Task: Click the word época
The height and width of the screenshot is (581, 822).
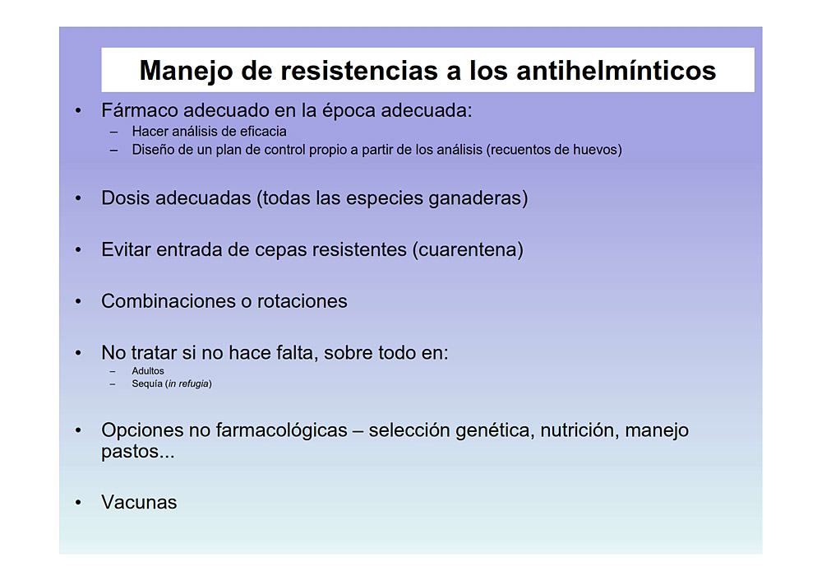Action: click(x=349, y=111)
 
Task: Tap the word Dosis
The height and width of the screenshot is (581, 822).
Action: click(x=125, y=198)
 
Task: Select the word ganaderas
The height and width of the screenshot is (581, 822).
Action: click(x=475, y=198)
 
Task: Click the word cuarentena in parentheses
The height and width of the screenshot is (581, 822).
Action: click(x=468, y=249)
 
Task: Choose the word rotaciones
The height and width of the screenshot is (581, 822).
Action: click(x=302, y=301)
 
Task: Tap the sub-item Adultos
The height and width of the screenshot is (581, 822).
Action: click(x=148, y=371)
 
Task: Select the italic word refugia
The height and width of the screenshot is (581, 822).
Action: click(x=193, y=383)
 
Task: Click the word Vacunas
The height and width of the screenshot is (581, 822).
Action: click(x=139, y=502)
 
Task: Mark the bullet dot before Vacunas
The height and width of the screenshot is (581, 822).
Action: click(x=78, y=503)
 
